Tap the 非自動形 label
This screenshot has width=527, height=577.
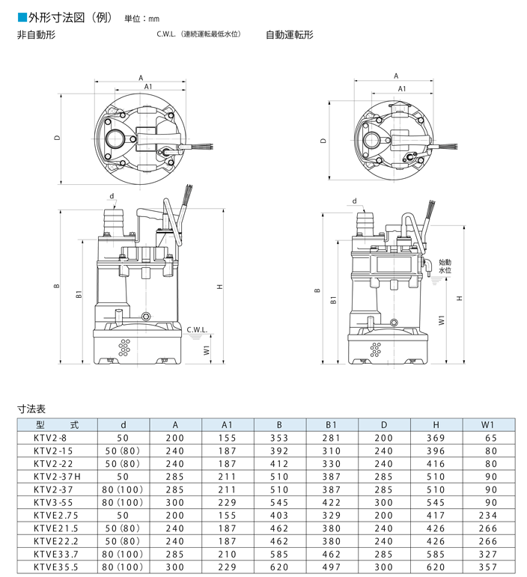pyautogui.click(x=35, y=34)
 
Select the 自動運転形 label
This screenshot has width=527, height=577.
pyautogui.click(x=290, y=34)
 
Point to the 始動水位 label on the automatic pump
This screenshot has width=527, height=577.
pyautogui.click(x=444, y=267)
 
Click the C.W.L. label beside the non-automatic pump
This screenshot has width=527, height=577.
pyautogui.click(x=196, y=329)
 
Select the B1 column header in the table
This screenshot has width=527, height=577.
pyautogui.click(x=332, y=425)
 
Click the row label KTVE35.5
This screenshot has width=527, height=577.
pyautogui.click(x=55, y=568)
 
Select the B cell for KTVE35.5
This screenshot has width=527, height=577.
pyautogui.click(x=279, y=568)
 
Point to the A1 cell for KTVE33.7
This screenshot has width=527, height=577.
pyautogui.click(x=228, y=554)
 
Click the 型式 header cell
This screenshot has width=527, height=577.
pyautogui.click(x=55, y=425)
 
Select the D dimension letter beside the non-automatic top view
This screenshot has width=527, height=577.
pyautogui.click(x=57, y=138)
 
